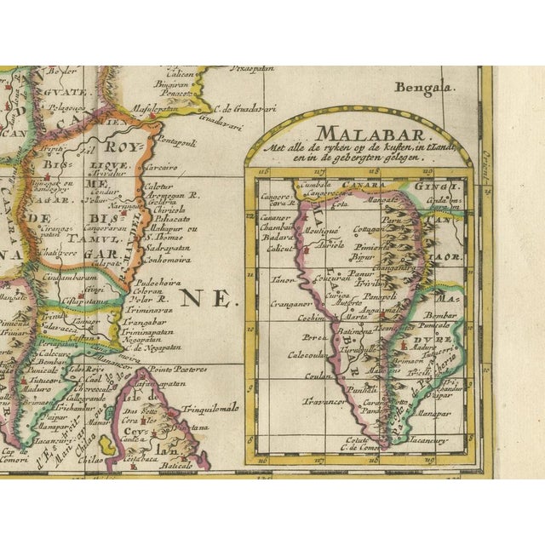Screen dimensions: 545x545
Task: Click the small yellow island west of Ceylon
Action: (106, 445)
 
